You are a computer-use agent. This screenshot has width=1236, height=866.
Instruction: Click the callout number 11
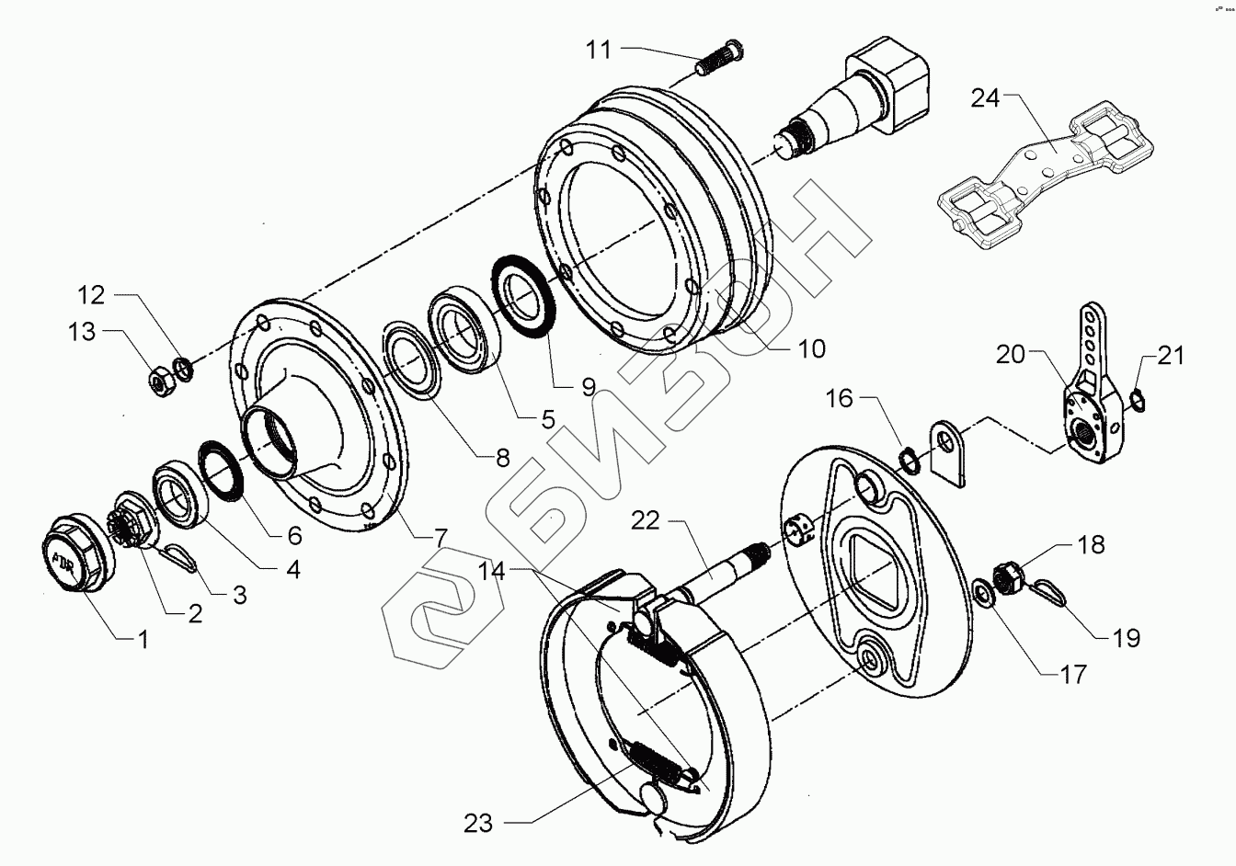tap(599, 49)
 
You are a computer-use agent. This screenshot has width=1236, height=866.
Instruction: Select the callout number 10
tap(812, 348)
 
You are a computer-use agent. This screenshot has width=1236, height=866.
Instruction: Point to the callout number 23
tap(478, 823)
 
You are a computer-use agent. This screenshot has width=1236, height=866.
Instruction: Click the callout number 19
tap(1127, 637)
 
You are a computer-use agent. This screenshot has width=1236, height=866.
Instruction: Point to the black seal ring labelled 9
tap(522, 288)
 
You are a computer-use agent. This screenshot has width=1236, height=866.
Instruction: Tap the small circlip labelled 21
tap(1137, 397)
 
